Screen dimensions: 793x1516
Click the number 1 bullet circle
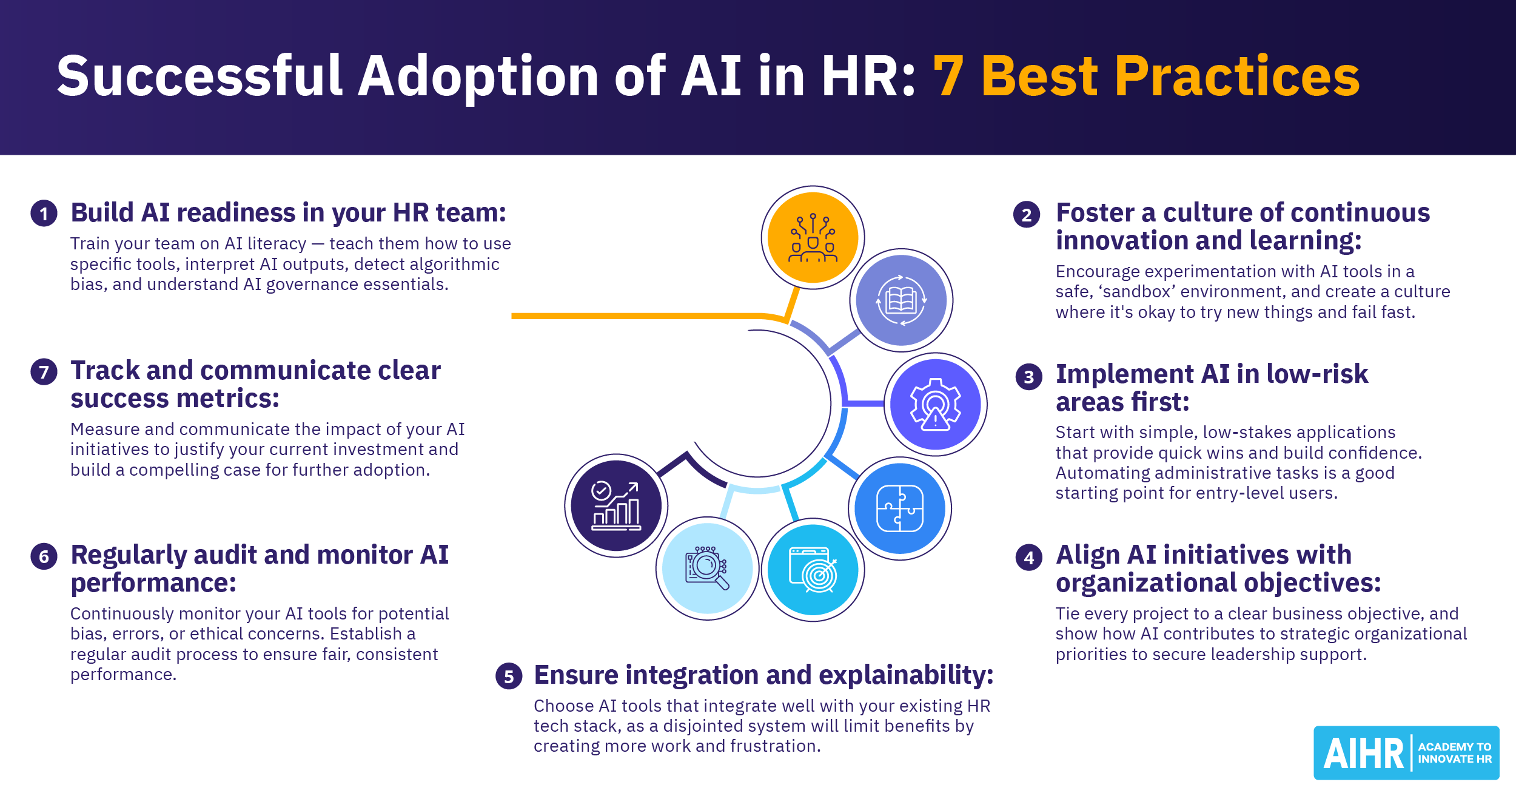pyautogui.click(x=44, y=214)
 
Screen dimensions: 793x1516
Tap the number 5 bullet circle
pyautogui.click(x=509, y=676)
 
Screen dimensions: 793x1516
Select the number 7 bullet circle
pyautogui.click(x=44, y=371)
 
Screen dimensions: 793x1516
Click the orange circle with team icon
pyautogui.click(x=813, y=237)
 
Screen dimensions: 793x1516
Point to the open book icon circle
pyautogui.click(x=901, y=300)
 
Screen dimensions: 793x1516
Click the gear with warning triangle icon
pyautogui.click(x=935, y=404)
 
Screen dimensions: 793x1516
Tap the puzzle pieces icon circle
pyautogui.click(x=900, y=508)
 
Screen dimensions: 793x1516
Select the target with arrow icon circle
pyautogui.click(x=813, y=570)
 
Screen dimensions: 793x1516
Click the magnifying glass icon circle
pyautogui.click(x=707, y=569)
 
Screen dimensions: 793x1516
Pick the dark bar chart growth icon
pyautogui.click(x=616, y=505)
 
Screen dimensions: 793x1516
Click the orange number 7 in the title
pyautogui.click(x=948, y=76)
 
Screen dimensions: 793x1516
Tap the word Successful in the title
pyautogui.click(x=200, y=76)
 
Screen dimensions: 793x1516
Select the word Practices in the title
pyautogui.click(x=1237, y=76)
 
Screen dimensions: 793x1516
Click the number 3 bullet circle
pyautogui.click(x=1028, y=377)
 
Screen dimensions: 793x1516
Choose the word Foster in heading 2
pyautogui.click(x=1095, y=213)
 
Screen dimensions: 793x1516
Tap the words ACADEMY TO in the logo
pyautogui.click(x=1454, y=747)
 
